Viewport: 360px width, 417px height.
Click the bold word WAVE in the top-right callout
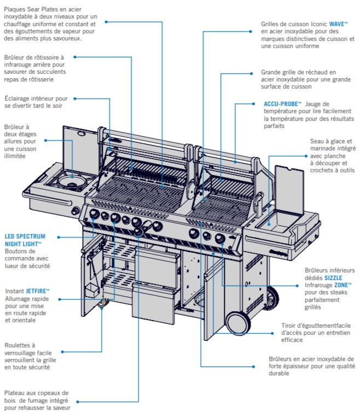[x=338, y=25]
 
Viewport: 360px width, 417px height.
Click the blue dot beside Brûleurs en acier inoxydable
[x=254, y=366]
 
